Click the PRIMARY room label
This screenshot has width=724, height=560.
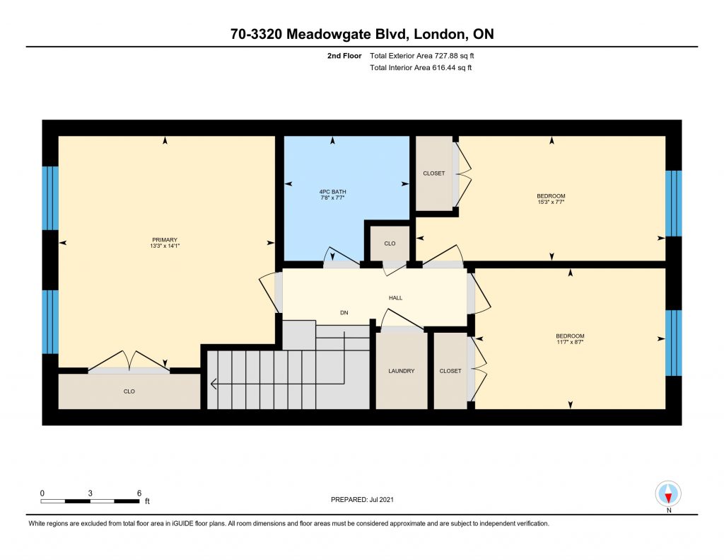click(165, 240)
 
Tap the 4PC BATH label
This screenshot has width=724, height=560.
click(332, 192)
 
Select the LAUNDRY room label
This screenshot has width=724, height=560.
click(402, 371)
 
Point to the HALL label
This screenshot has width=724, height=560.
click(396, 298)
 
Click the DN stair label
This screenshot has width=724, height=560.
click(344, 313)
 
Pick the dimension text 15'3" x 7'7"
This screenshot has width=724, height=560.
click(551, 202)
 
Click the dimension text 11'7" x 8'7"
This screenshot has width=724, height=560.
click(571, 342)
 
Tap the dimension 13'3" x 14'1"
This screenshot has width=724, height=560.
click(165, 246)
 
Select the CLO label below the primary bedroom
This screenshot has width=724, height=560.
click(129, 392)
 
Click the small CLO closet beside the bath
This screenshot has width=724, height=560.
click(390, 244)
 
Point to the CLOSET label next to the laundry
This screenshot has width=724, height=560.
click(450, 371)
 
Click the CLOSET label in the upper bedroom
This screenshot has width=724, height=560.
click(434, 173)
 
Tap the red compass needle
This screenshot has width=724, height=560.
click(668, 498)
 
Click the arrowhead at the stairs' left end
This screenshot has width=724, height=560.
click(213, 384)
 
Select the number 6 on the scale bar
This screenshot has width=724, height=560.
click(139, 493)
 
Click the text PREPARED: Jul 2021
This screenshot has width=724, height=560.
click(362, 499)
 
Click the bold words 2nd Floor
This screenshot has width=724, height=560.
click(344, 56)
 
